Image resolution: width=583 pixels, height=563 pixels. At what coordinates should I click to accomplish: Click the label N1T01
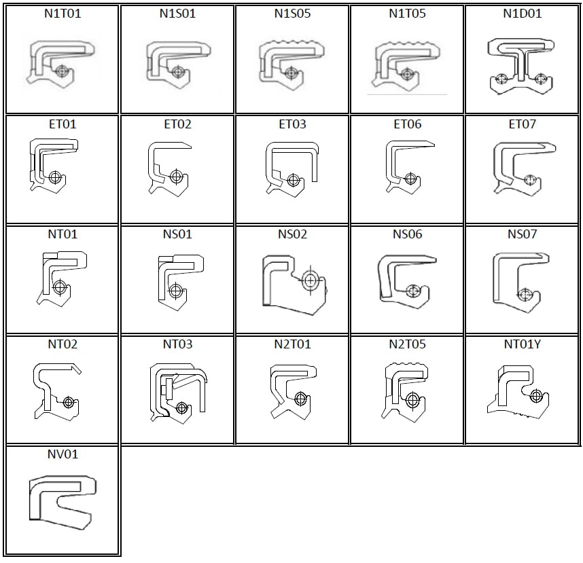(63, 14)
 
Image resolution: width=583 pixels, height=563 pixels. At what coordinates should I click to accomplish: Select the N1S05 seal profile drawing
(292, 65)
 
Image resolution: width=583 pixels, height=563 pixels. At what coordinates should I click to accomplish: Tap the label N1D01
(523, 14)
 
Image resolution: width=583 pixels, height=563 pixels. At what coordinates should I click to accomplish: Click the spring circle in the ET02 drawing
(177, 177)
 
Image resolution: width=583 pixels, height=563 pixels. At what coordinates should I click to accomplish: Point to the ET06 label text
(407, 124)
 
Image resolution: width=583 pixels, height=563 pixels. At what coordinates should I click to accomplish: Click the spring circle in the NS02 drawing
(311, 279)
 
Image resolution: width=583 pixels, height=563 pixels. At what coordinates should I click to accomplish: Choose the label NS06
(407, 234)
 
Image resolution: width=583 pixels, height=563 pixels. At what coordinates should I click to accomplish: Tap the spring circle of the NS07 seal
(523, 295)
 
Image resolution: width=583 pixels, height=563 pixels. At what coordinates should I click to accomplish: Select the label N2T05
(407, 344)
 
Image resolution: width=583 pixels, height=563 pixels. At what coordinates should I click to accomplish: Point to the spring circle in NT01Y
(536, 395)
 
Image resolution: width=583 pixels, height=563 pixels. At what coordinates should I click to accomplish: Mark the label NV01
(63, 454)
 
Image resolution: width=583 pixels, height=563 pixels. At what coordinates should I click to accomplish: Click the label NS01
(177, 234)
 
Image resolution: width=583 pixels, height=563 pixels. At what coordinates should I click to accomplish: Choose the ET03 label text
(292, 124)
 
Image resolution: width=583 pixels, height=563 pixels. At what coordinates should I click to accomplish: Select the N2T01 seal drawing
(292, 391)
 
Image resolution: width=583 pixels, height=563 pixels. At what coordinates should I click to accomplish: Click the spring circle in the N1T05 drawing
(406, 74)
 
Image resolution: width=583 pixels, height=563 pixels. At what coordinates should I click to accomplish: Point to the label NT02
(63, 344)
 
